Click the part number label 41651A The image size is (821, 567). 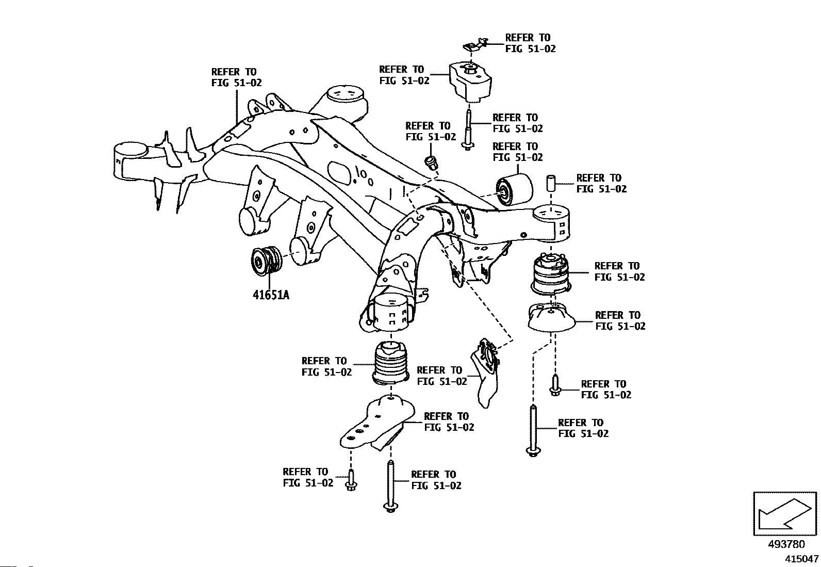coord(270,296)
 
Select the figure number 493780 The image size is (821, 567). coord(786,545)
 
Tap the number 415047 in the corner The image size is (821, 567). coord(801,559)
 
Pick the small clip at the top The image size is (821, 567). coord(475,45)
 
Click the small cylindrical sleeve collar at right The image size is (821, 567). coord(550,183)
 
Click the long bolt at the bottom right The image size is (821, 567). coord(533,429)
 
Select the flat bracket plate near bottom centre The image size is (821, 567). coord(377,424)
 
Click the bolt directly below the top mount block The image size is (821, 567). coord(468,129)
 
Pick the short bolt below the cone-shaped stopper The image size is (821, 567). coord(555,385)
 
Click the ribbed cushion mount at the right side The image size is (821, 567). coord(551,273)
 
